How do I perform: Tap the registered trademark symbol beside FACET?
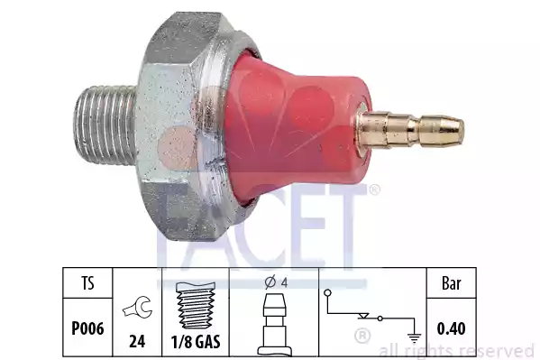click(x=373, y=189)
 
